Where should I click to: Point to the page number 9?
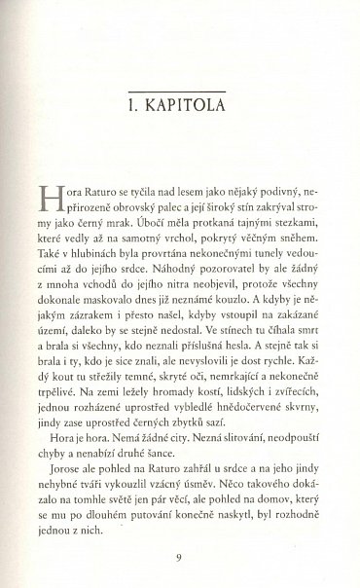point(181,558)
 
